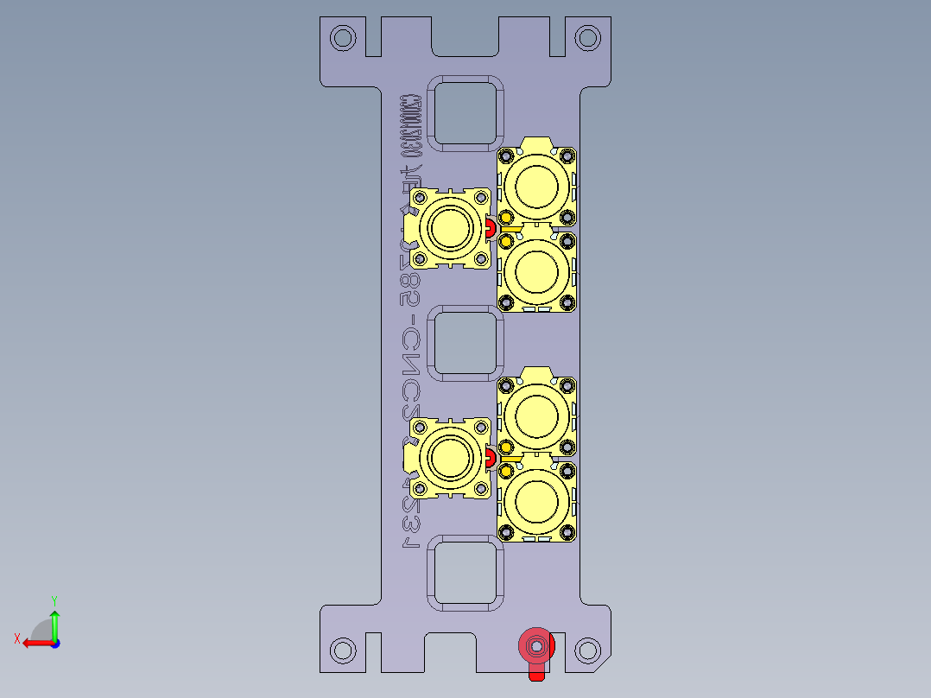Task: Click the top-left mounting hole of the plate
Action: (x=343, y=38)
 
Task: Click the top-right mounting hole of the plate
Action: (x=588, y=38)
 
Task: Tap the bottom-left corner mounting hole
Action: (x=343, y=650)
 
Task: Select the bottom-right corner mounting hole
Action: (x=588, y=650)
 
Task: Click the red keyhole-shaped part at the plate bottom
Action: (x=536, y=647)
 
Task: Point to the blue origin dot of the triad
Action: (x=54, y=643)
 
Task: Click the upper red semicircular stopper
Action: (x=490, y=228)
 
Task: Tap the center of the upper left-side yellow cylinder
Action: (x=450, y=228)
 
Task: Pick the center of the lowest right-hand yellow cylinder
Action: (x=536, y=499)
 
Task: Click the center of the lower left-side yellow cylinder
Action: (x=450, y=458)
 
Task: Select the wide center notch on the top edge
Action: (x=465, y=35)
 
